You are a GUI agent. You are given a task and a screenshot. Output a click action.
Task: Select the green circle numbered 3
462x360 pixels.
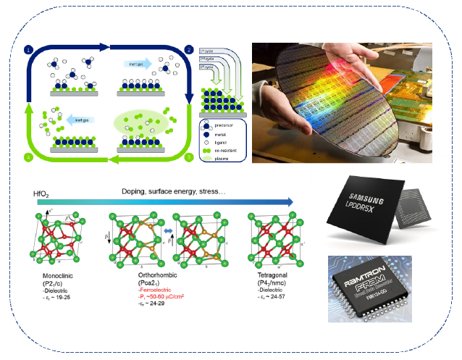coord(189,156)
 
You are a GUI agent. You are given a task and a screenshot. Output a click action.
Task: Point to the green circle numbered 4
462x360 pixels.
coord(29,156)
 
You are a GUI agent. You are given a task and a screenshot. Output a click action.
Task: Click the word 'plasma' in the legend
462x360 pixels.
coord(220,155)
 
